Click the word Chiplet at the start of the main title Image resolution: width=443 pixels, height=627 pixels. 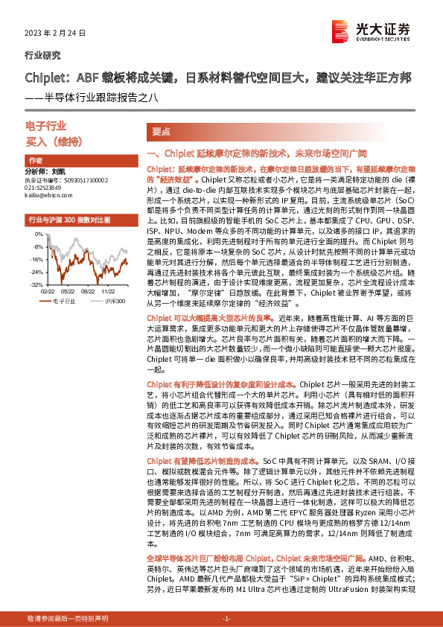[x=45, y=77]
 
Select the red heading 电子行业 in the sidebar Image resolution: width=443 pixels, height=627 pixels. [x=46, y=126]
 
